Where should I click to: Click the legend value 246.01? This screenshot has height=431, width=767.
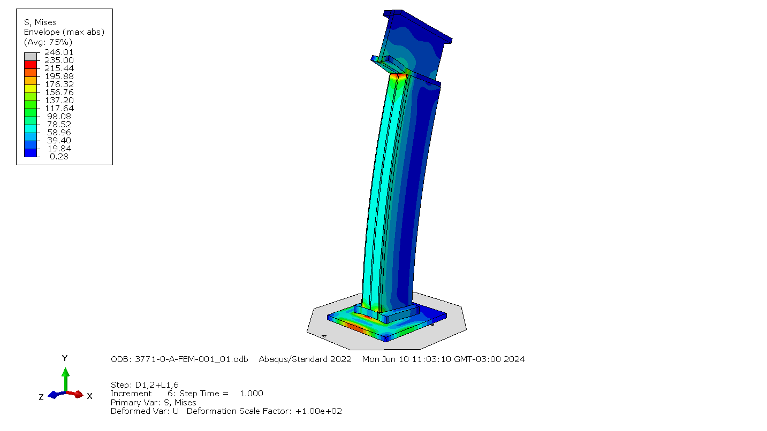pos(59,52)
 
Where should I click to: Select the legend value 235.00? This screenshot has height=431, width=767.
pos(59,60)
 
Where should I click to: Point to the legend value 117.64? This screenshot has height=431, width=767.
pos(59,109)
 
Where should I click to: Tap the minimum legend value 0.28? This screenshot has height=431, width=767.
pos(59,156)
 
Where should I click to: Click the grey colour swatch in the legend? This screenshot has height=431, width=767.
pos(31,57)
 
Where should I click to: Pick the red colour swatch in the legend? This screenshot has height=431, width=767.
pos(31,65)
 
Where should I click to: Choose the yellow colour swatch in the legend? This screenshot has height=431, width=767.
pos(31,89)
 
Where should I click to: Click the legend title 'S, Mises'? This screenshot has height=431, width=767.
pos(40,22)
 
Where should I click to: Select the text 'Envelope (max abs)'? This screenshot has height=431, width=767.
pos(64,32)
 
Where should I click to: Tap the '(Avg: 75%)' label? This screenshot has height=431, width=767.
pos(48,42)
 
